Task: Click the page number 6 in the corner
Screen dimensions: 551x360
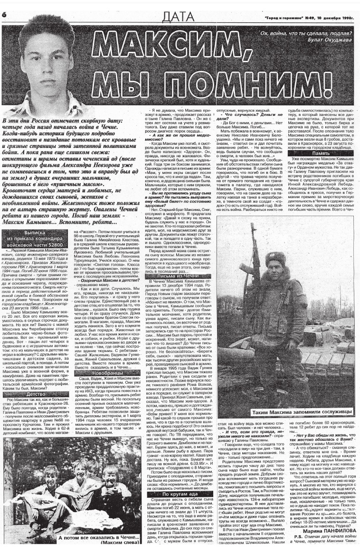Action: coord(4,15)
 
